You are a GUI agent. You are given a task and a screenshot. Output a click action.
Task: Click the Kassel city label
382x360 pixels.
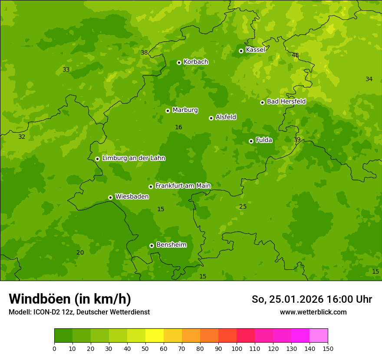point(255,50)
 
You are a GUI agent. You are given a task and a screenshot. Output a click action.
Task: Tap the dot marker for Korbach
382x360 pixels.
point(179,62)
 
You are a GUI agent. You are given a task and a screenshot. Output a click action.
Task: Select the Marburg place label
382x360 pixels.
point(185,110)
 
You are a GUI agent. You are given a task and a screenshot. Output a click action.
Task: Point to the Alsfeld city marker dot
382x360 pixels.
point(211,118)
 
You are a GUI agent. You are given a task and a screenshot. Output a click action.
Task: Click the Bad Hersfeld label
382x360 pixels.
point(286,101)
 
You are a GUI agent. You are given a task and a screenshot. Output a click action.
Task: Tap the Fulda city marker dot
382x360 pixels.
point(251,141)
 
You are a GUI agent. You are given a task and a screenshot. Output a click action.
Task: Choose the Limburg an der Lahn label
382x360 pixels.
point(133,158)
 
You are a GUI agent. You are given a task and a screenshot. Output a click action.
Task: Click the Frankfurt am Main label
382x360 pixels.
point(183,186)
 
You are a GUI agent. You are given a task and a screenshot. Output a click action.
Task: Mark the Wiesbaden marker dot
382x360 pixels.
point(110,197)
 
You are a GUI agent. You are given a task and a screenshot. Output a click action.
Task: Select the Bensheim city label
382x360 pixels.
point(171,245)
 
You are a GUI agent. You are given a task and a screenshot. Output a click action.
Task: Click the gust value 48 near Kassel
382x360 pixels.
point(295,55)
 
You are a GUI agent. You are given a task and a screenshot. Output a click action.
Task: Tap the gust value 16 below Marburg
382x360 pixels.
point(178,127)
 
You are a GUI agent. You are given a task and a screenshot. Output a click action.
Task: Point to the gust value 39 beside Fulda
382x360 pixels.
point(297,139)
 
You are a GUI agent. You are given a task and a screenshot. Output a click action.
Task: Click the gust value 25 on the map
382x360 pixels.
point(243,206)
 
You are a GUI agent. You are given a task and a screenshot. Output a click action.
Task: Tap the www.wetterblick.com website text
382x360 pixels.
point(313,312)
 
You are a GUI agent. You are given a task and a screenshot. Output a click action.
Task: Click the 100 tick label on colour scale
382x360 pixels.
point(237,348)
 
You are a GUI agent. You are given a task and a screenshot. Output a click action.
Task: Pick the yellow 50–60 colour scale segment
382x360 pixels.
point(155,336)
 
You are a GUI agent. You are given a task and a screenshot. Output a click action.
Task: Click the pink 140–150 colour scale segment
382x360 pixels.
point(319,336)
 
